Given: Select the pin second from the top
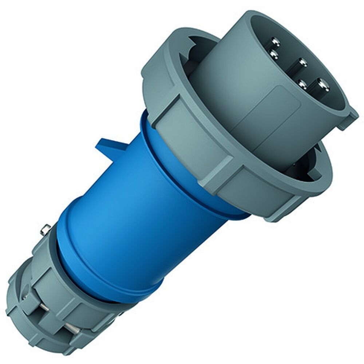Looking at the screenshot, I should click(273, 54).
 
